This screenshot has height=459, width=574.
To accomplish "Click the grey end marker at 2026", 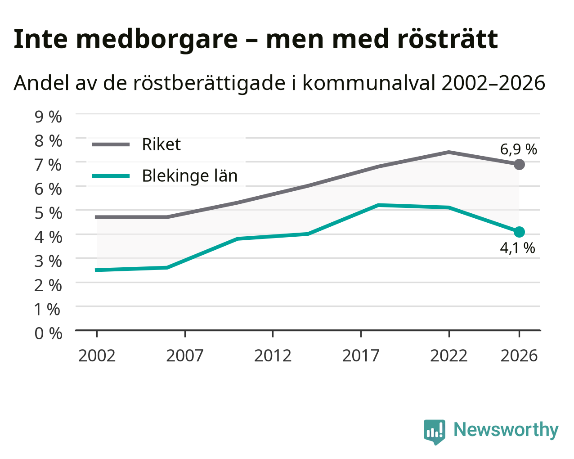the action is (x=519, y=164).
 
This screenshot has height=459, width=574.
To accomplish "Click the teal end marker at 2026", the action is (x=519, y=232).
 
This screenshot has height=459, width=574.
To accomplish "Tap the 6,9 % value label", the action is (x=518, y=149).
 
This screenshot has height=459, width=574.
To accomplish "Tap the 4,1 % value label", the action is (x=517, y=248).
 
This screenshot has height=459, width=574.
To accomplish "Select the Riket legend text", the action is (x=161, y=144).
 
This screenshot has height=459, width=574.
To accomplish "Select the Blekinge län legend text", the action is (x=190, y=176).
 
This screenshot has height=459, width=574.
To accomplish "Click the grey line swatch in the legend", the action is (x=111, y=144).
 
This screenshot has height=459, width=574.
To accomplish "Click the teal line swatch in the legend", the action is (x=111, y=176).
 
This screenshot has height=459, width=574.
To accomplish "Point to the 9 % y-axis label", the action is (x=48, y=117).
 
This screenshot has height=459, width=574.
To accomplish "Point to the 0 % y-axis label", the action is (x=48, y=333).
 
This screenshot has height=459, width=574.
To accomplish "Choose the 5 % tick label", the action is (x=48, y=213).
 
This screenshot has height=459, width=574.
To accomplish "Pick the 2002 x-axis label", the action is (x=97, y=355).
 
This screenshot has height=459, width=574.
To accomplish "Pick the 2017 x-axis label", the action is (x=361, y=355).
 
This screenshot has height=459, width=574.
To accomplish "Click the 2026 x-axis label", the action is (x=519, y=355).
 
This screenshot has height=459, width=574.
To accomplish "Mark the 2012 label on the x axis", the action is (x=273, y=355).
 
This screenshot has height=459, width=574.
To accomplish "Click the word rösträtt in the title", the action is (x=448, y=39).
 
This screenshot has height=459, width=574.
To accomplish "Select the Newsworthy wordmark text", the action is (x=506, y=430).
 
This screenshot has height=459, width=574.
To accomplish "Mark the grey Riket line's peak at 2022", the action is (x=448, y=153).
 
